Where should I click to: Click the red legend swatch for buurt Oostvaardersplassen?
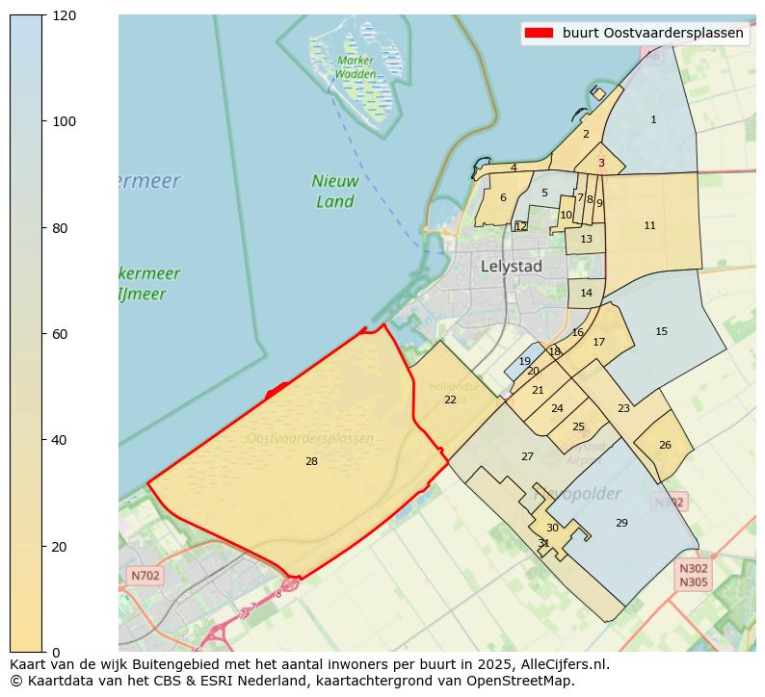pyautogui.click(x=539, y=34)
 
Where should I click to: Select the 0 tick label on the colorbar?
pyautogui.click(x=54, y=652)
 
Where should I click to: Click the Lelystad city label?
pyautogui.click(x=511, y=267)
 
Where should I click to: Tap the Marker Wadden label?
pyautogui.click(x=356, y=66)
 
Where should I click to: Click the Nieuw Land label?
pyautogui.click(x=335, y=191)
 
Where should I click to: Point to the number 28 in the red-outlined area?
pyautogui.click(x=311, y=462)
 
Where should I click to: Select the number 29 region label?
pyautogui.click(x=621, y=523)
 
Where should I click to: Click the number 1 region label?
pyautogui.click(x=653, y=120)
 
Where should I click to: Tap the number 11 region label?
pyautogui.click(x=649, y=226)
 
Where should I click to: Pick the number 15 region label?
pyautogui.click(x=661, y=332)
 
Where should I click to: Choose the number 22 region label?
pyautogui.click(x=450, y=400)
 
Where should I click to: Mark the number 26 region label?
pyautogui.click(x=665, y=446)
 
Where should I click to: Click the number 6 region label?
pyautogui.click(x=503, y=198)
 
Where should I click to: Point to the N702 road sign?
pyautogui.click(x=145, y=576)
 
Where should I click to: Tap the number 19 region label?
pyautogui.click(x=524, y=362)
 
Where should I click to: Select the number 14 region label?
pyautogui.click(x=586, y=294)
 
